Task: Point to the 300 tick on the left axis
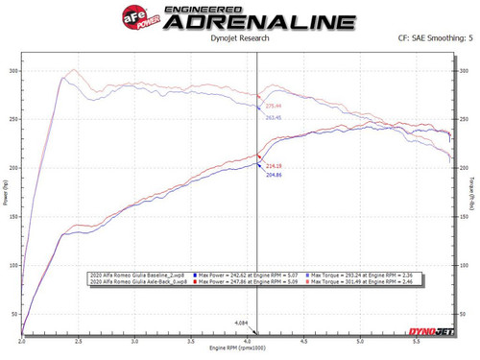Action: click(13, 71)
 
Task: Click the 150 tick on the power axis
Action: click(13, 216)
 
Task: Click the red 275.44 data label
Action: click(275, 106)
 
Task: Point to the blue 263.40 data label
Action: click(275, 118)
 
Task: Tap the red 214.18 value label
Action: click(275, 166)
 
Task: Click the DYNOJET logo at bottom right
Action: click(432, 331)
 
